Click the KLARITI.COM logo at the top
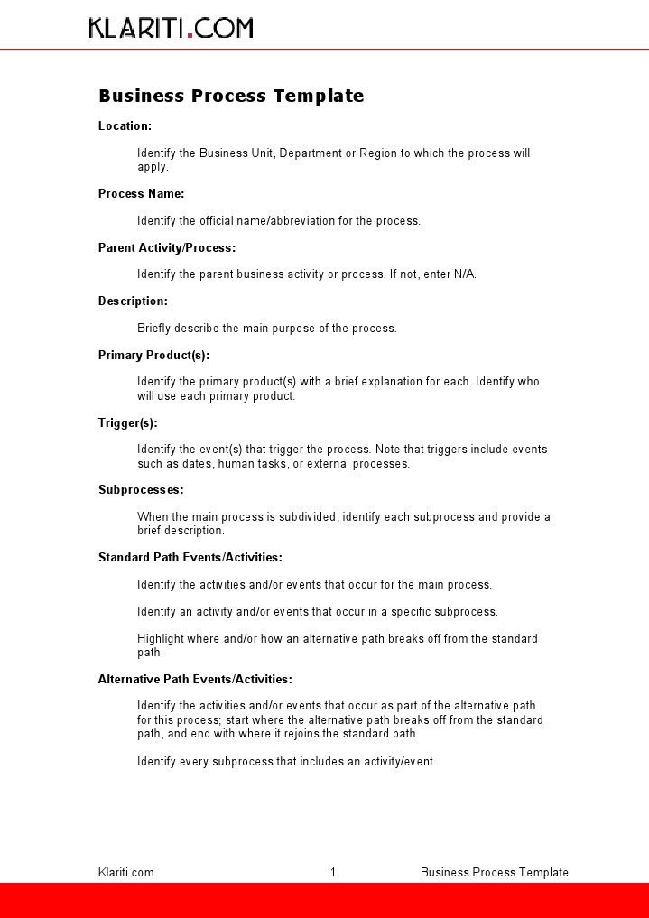[171, 28]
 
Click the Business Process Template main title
[231, 96]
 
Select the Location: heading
[125, 126]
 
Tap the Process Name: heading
[141, 194]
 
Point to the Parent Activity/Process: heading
[167, 248]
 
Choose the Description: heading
[133, 301]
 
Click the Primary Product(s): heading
[153, 356]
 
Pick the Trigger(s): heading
[127, 423]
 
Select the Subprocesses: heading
[141, 490]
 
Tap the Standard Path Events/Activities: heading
[190, 558]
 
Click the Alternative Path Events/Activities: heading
[195, 680]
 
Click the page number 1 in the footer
[333, 873]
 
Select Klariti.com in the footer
[125, 873]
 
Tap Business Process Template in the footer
[495, 873]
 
